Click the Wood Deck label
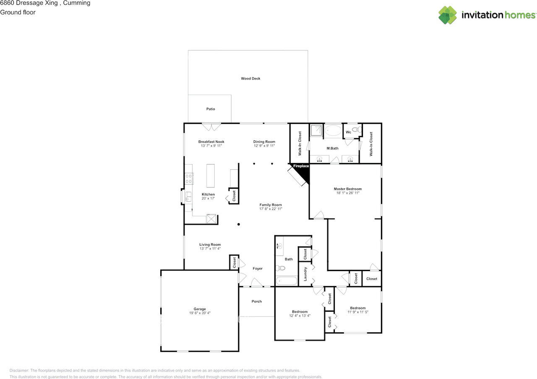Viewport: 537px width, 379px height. (250, 79)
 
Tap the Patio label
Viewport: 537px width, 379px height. (211, 109)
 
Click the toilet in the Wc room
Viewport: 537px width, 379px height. (357, 130)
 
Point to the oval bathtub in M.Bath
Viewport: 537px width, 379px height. (333, 131)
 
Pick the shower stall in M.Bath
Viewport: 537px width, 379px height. (316, 130)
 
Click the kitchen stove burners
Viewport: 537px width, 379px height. (189, 179)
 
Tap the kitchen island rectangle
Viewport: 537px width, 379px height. (211, 176)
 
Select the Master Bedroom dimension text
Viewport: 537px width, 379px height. (348, 193)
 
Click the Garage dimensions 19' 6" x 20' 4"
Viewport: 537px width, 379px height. (200, 313)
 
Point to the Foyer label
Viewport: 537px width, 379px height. (258, 268)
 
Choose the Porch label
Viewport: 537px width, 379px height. (256, 301)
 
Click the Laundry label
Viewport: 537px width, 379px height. (305, 274)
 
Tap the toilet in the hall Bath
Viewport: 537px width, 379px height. (280, 268)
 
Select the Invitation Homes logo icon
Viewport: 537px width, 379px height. (448, 15)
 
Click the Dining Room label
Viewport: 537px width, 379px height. (264, 142)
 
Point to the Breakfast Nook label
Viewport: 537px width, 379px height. (211, 142)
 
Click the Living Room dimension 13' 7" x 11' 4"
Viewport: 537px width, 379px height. (210, 249)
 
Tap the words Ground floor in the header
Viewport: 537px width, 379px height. (18, 12)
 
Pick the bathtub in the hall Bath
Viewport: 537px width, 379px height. (287, 281)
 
